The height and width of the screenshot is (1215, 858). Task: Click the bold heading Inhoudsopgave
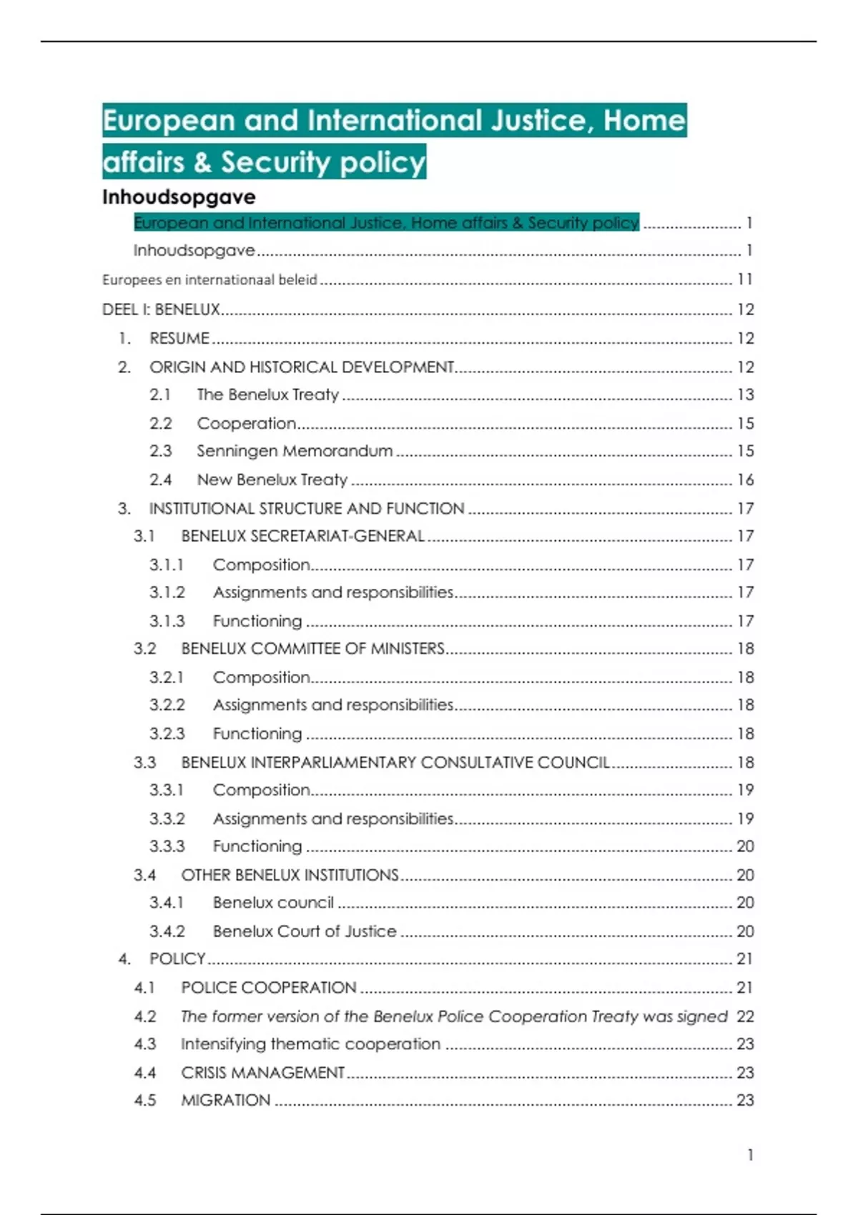pos(179,197)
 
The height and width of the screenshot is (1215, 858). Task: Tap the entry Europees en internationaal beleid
pos(209,280)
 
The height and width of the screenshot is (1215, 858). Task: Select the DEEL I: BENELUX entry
pos(161,309)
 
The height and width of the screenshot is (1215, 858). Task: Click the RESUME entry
pos(179,338)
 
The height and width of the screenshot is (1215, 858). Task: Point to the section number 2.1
pos(160,395)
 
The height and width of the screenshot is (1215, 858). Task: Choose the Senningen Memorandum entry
pos(295,451)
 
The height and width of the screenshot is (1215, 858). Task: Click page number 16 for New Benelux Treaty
pos(745,480)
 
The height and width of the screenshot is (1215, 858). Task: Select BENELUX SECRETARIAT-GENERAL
pos(302,536)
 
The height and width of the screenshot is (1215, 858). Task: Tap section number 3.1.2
pos(167,592)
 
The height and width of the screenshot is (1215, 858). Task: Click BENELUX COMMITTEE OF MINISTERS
pos(312,648)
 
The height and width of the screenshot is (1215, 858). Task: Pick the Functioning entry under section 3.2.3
pos(257,734)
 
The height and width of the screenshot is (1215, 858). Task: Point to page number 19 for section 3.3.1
pos(745,790)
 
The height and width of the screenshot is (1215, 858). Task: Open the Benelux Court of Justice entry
pos(305,931)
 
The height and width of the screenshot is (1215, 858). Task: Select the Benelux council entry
pos(273,903)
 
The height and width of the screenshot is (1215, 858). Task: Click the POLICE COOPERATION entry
pos(268,988)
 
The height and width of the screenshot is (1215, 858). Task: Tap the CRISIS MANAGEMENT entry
pos(262,1073)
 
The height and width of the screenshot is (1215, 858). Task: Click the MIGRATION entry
pos(226,1101)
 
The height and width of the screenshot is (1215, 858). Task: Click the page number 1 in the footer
pos(750,1155)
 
